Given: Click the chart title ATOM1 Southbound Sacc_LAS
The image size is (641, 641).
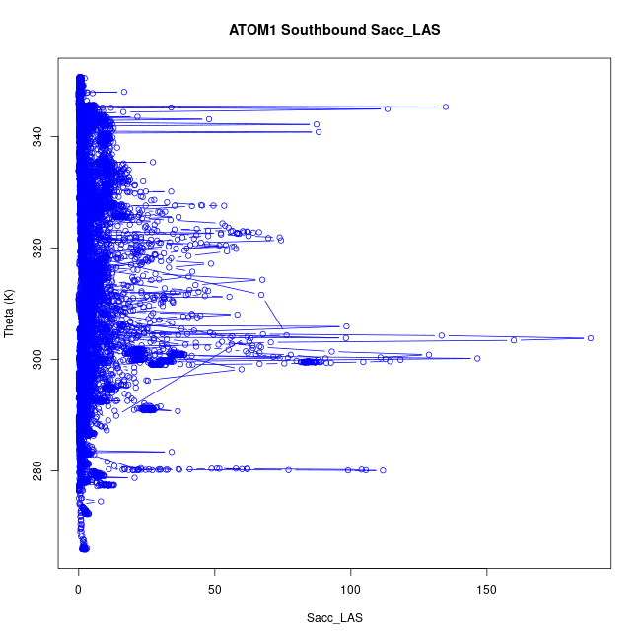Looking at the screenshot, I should pyautogui.click(x=334, y=30).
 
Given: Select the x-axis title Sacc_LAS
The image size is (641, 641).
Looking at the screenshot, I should pyautogui.click(x=334, y=618).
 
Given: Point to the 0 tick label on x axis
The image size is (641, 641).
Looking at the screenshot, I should pyautogui.click(x=79, y=589).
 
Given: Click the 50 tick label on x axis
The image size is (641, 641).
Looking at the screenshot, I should pyautogui.click(x=215, y=589).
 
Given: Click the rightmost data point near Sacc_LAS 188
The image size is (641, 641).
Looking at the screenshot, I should pyautogui.click(x=591, y=338).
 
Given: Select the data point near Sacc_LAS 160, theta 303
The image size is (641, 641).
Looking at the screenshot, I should pyautogui.click(x=514, y=340).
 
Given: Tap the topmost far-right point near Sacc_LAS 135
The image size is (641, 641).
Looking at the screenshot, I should pyautogui.click(x=446, y=107).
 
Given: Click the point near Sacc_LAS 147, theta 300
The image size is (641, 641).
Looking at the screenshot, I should pyautogui.click(x=477, y=359).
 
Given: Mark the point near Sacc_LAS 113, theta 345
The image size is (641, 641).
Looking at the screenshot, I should pyautogui.click(x=388, y=108).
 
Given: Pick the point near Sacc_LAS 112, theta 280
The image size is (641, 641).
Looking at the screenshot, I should pyautogui.click(x=383, y=470).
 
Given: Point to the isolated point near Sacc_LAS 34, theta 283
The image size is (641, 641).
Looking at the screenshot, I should pyautogui.click(x=172, y=452).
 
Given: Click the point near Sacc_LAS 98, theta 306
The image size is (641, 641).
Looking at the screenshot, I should pyautogui.click(x=347, y=326).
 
